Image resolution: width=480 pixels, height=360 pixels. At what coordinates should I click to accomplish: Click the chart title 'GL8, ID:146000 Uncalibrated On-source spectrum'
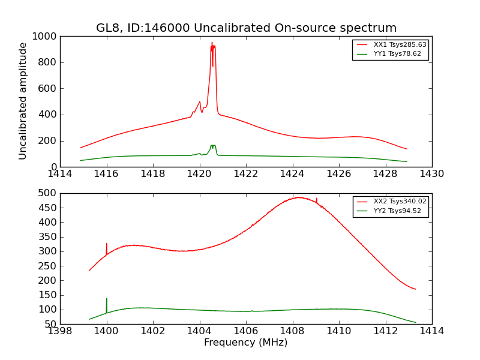pyautogui.click(x=246, y=28)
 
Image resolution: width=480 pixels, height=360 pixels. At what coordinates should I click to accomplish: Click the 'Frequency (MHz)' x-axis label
pyautogui.click(x=246, y=343)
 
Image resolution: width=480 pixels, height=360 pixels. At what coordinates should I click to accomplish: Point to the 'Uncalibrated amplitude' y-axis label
pyautogui.click(x=23, y=101)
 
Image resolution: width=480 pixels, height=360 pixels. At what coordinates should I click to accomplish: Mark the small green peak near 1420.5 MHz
pyautogui.click(x=212, y=146)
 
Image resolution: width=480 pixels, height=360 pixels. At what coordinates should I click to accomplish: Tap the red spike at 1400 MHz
pyautogui.click(x=107, y=244)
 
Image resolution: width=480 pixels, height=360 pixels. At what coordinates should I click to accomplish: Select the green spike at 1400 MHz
pyautogui.click(x=107, y=299)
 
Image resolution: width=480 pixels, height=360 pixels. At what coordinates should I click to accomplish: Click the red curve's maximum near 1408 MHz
pyautogui.click(x=298, y=197)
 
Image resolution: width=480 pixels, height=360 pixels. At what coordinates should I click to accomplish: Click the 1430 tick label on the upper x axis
pyautogui.click(x=431, y=174)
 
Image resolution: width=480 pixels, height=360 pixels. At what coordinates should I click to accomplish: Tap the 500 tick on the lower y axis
pyautogui.click(x=47, y=194)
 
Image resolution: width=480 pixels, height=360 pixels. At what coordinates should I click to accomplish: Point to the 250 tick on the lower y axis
pyautogui.click(x=47, y=266)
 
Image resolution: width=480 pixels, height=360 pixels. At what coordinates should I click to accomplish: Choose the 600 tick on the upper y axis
pyautogui.click(x=47, y=89)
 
